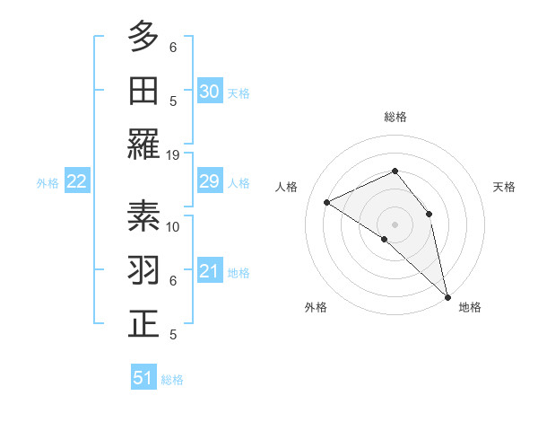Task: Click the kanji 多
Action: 143,38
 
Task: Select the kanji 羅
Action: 143,145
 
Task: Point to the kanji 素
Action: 143,217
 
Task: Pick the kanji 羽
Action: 143,271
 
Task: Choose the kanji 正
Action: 143,325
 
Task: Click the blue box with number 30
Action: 210,91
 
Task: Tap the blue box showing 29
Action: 210,182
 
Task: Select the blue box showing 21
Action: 210,272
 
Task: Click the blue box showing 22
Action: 76,182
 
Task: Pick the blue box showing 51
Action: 143,378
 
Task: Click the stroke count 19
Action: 173,154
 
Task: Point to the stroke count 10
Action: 174,226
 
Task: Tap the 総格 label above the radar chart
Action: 395,117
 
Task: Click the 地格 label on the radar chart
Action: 470,307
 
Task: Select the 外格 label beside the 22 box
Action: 48,183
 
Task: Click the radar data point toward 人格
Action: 327,202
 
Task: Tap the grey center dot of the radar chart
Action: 395,224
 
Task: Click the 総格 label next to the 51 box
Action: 172,380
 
